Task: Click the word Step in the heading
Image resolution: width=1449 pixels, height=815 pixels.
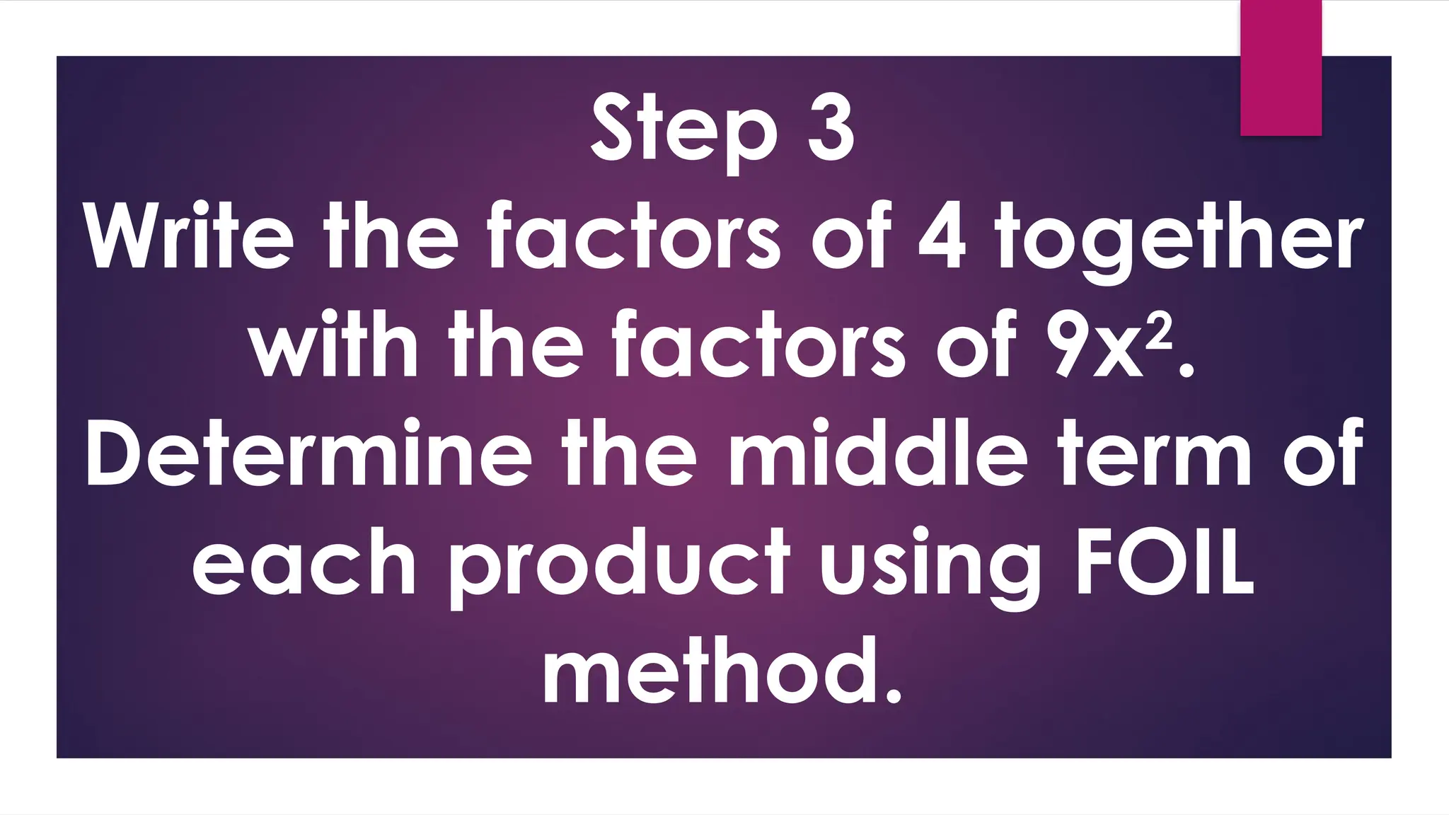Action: [x=683, y=131]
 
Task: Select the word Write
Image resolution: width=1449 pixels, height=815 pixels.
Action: [x=188, y=237]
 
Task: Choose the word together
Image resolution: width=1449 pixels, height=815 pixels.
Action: [x=1179, y=241]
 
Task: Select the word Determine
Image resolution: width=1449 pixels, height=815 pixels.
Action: [x=308, y=453]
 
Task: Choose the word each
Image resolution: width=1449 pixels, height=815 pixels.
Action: [x=304, y=562]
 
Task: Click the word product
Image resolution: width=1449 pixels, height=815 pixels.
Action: [x=620, y=566]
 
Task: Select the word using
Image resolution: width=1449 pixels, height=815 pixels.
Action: [x=930, y=566]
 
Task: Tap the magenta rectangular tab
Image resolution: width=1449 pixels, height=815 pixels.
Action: [x=1281, y=67]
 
